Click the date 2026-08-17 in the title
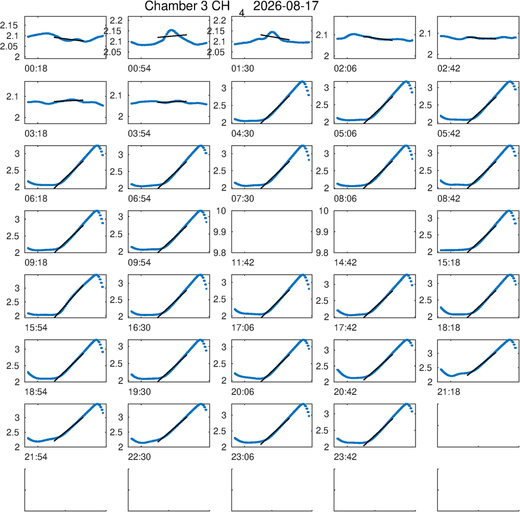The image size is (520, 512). (x=285, y=6)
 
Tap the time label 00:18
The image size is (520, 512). (x=36, y=68)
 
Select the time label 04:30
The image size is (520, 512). (x=242, y=133)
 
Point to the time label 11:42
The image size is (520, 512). (x=242, y=262)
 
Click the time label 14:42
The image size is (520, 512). (x=345, y=262)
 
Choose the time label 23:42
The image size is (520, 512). (x=345, y=457)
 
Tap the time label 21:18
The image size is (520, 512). (x=449, y=392)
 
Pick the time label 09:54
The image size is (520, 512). (x=139, y=262)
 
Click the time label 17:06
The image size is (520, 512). (x=242, y=327)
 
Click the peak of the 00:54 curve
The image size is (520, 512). (x=171, y=30)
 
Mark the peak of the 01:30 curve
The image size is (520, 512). (x=272, y=32)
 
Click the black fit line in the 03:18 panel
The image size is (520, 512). (x=68, y=100)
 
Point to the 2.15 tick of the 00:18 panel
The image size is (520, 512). (x=9, y=25)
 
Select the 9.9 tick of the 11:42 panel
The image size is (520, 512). (x=219, y=232)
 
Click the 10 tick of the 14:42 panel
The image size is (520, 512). (x=324, y=211)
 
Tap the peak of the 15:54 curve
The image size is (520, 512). (x=96, y=275)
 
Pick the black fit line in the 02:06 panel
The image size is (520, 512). (x=378, y=38)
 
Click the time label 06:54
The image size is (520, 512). (x=139, y=198)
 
